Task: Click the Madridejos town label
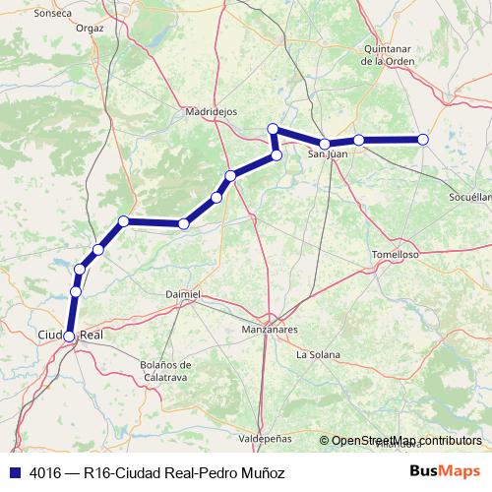click(x=212, y=112)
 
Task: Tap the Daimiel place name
click(x=183, y=293)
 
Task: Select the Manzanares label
click(x=270, y=333)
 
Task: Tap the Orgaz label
click(x=89, y=29)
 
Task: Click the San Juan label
click(x=329, y=154)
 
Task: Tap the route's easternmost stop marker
click(x=423, y=140)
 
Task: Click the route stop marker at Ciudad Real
click(x=69, y=337)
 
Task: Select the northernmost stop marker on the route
click(x=274, y=129)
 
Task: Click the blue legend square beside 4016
click(x=14, y=471)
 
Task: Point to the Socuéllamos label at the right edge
click(x=469, y=197)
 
